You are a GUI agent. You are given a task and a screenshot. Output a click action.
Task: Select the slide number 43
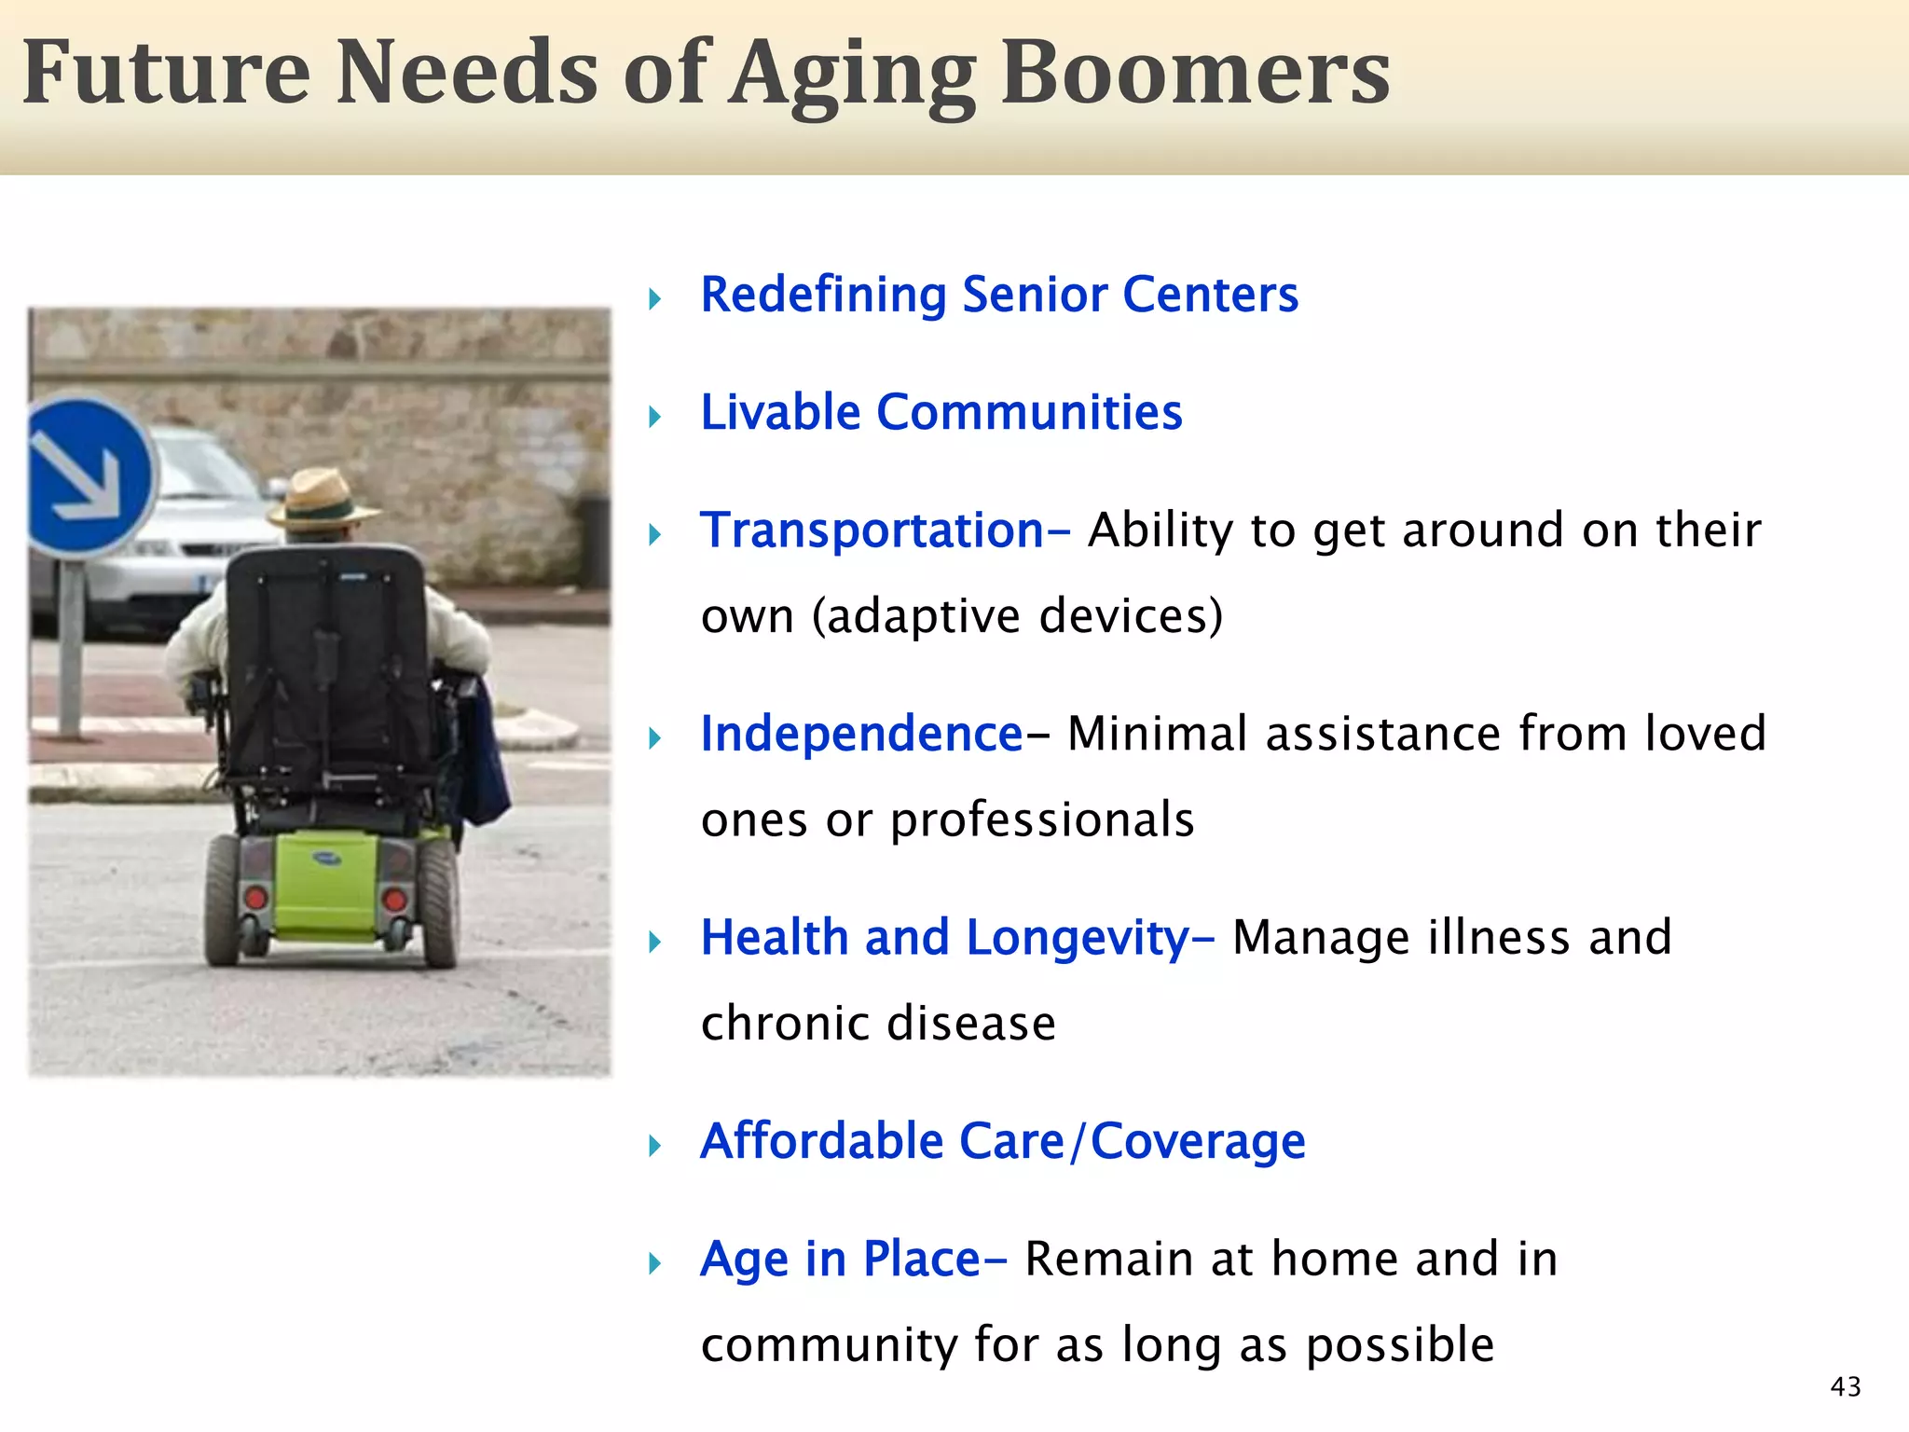[x=1846, y=1387]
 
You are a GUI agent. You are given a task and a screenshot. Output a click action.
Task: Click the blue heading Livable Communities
[x=941, y=412]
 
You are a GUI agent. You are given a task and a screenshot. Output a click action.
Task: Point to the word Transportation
[x=872, y=530]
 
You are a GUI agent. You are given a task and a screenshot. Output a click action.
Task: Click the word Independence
[x=862, y=734]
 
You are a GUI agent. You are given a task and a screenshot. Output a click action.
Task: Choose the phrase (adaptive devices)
[x=1017, y=616]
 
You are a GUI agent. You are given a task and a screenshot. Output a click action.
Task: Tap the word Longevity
[x=1078, y=938]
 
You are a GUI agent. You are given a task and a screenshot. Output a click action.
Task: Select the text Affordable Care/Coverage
[x=1003, y=1141]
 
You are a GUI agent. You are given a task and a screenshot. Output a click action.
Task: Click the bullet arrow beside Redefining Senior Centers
[x=655, y=299]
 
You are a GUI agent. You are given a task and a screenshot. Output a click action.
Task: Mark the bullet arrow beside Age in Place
[x=655, y=1264]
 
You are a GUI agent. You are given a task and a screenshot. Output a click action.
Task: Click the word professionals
[x=1042, y=820]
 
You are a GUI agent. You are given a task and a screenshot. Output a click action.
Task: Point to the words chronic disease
[x=878, y=1024]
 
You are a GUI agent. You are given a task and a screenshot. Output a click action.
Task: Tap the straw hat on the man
[x=322, y=499]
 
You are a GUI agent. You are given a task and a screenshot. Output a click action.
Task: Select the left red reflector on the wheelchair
[x=255, y=898]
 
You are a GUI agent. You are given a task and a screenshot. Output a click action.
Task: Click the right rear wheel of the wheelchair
[x=438, y=900]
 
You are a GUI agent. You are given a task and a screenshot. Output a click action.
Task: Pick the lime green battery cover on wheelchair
[x=326, y=886]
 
